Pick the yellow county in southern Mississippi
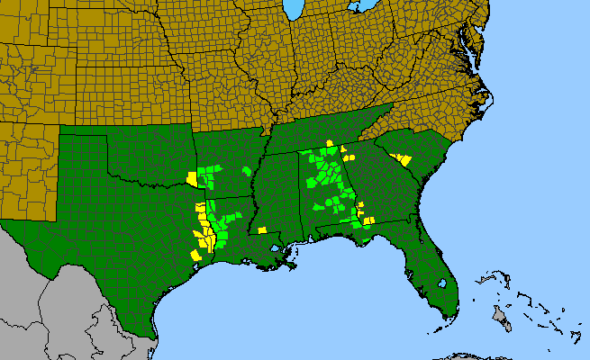pyautogui.click(x=261, y=230)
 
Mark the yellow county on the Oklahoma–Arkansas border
pyautogui.click(x=191, y=177)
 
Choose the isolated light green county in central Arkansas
pyautogui.click(x=247, y=171)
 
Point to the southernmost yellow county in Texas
pyautogui.click(x=195, y=255)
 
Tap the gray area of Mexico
pyautogui.click(x=54, y=306)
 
